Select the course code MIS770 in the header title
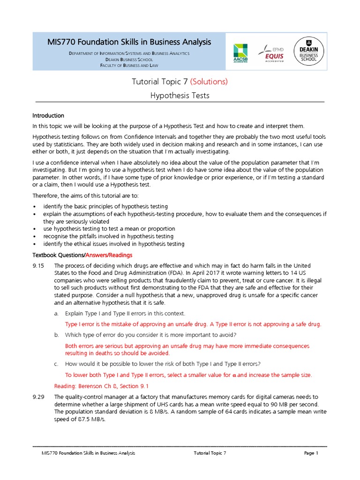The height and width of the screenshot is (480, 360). [61, 42]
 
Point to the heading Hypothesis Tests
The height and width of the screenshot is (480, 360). [180, 96]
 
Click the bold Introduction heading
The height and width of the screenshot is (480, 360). [48, 116]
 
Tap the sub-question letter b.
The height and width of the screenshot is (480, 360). [56, 335]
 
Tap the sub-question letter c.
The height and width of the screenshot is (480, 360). [56, 364]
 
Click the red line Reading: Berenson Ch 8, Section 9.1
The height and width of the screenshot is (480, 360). [106, 386]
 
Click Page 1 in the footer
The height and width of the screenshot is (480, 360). [311, 453]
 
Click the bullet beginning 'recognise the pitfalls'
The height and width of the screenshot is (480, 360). [108, 237]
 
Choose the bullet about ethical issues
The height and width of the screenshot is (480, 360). [113, 244]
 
